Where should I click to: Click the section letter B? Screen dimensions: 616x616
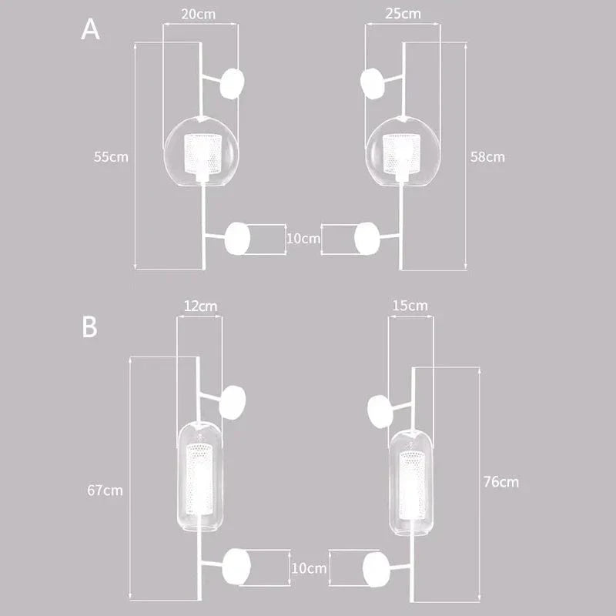[90, 326]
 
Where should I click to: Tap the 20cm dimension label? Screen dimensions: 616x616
[199, 13]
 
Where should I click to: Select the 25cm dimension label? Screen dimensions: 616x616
[403, 13]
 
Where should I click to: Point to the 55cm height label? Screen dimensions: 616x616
[111, 156]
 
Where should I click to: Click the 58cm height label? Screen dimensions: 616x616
[487, 156]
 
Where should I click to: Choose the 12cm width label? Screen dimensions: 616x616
[199, 306]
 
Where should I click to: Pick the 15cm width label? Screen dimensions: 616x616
[410, 306]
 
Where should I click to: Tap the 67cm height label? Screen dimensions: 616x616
[104, 490]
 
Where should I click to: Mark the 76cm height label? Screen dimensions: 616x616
[500, 482]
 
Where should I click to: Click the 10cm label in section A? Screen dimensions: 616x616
[303, 239]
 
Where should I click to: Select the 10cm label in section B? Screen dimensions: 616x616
[310, 568]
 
